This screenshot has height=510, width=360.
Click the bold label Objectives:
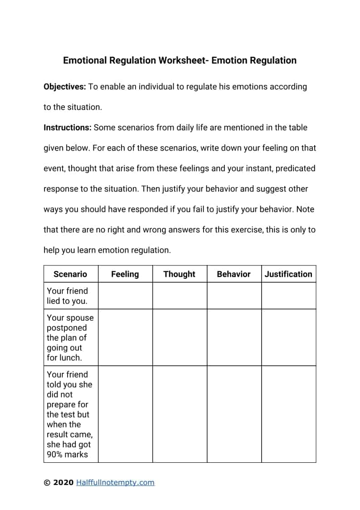pos(64,87)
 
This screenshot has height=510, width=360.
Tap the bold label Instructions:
pos(67,127)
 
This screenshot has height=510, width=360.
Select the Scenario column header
pos(70,274)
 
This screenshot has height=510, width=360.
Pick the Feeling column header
pos(125,274)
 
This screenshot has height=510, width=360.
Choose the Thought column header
pos(179,274)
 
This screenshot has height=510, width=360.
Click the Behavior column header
pos(234,274)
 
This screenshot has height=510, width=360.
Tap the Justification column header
pos(288,274)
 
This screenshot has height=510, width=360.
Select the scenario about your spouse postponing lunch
pos(70,338)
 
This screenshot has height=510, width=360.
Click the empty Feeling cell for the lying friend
pos(125,296)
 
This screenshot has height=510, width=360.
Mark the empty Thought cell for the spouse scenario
pos(180,338)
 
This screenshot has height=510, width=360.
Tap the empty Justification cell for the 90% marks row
pos(288,414)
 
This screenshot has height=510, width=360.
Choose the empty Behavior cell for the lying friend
pos(234,296)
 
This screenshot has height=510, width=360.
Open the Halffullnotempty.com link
pos(115,483)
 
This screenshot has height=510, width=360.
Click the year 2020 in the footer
pos(63,483)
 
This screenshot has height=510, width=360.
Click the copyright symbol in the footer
pos(47,483)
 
